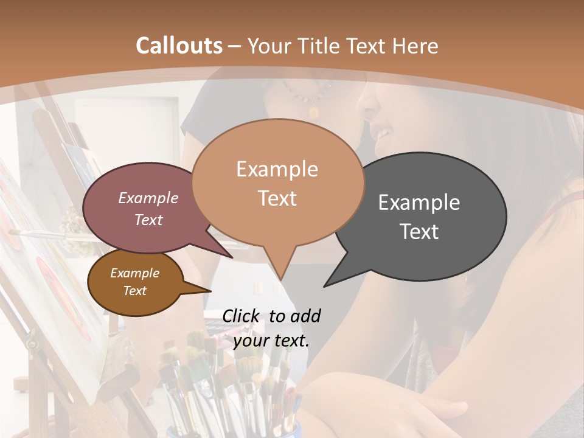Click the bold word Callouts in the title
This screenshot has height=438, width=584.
tap(179, 46)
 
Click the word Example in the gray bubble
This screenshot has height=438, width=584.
tap(419, 203)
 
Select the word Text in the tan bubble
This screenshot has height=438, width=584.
tap(277, 198)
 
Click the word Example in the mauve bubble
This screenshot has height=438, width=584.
tap(148, 198)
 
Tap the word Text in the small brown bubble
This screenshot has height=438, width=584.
tap(135, 291)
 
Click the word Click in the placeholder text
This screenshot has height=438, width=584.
tap(242, 316)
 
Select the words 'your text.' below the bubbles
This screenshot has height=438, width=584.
tap(271, 341)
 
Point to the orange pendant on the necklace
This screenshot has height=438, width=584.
tap(314, 112)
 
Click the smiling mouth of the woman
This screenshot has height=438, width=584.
tap(383, 131)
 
